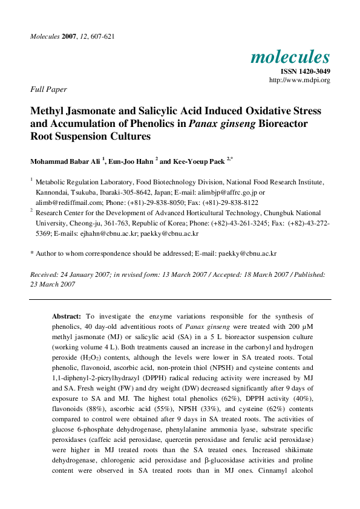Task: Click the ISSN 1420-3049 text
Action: (x=306, y=71)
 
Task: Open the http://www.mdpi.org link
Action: (x=299, y=80)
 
